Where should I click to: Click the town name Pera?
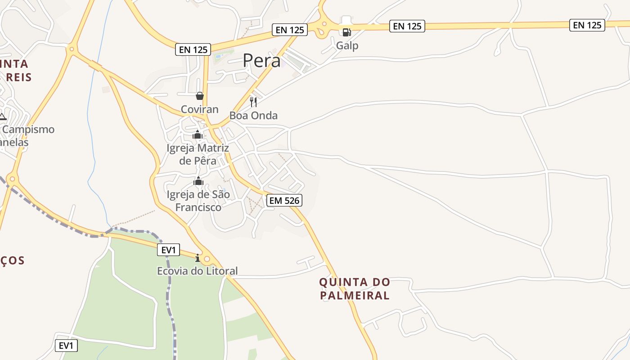(x=261, y=61)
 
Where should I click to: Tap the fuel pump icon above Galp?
(x=346, y=32)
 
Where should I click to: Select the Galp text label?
(x=347, y=45)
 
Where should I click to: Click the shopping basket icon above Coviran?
(x=200, y=96)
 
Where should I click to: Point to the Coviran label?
(x=199, y=109)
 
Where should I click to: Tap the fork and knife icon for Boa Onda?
(x=253, y=102)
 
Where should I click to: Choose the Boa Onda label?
(x=253, y=116)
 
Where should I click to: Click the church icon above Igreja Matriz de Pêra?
(x=198, y=135)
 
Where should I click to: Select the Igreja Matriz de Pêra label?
(x=198, y=154)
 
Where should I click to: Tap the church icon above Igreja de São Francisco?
(x=198, y=181)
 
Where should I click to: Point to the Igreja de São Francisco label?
(x=198, y=201)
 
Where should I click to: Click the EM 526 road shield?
(x=284, y=200)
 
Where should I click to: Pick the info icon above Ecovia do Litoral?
(x=197, y=258)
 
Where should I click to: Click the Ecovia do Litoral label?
(x=197, y=271)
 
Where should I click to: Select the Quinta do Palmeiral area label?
(x=355, y=289)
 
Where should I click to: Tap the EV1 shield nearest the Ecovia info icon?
(x=169, y=250)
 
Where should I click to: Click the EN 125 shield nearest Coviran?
(x=193, y=49)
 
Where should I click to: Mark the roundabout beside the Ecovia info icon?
(x=207, y=259)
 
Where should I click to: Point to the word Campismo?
(x=28, y=130)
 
